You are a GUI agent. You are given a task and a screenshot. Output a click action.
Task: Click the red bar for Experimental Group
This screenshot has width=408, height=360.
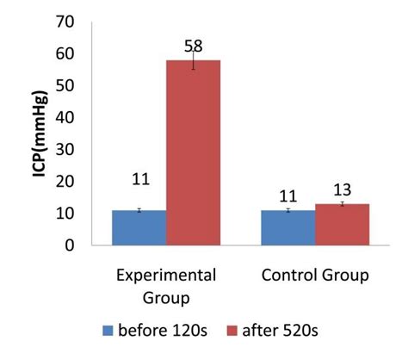[x=193, y=152]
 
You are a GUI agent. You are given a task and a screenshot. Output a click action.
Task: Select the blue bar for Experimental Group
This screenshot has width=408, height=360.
[x=139, y=227]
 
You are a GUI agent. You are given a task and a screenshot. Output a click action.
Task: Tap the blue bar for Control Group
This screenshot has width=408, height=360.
[x=288, y=227]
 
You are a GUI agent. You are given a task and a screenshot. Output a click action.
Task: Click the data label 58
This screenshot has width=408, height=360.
[x=193, y=44]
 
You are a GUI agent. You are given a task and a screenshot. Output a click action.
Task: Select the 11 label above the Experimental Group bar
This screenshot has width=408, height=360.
[x=139, y=180]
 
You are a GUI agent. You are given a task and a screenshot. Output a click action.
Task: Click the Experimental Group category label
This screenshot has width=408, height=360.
[x=166, y=286]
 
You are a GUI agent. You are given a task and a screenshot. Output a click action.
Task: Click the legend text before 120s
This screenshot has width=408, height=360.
[x=161, y=330]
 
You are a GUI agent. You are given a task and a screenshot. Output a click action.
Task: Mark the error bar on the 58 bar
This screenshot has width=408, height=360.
[x=193, y=59]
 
